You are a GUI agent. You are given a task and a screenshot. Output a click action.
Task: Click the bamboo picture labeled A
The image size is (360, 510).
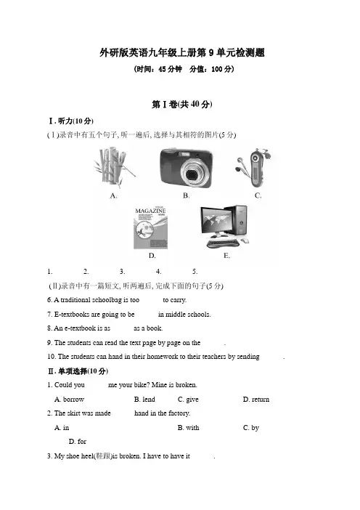tap(113, 167)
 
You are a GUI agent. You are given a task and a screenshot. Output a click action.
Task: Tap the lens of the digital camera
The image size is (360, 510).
tap(192, 174)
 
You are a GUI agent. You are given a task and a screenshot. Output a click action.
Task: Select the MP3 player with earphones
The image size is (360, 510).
tap(253, 168)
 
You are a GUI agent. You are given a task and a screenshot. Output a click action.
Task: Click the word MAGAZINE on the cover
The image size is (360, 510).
tap(150, 211)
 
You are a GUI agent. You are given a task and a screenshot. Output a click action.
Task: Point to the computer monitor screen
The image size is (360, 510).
tap(216, 219)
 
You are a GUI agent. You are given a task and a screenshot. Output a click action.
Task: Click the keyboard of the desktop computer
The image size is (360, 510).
tap(223, 243)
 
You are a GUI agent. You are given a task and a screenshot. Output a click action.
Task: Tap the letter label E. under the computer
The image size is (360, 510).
tap(226, 256)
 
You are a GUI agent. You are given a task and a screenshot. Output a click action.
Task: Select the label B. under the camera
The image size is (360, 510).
tap(186, 195)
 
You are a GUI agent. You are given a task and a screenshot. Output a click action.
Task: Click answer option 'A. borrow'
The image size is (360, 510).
tap(69, 400)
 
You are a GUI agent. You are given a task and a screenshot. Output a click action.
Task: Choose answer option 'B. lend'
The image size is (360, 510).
tap(144, 400)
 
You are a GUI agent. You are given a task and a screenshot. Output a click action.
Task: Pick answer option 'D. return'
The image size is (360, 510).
tap(256, 400)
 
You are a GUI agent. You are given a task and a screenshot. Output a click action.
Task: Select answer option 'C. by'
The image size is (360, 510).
tap(251, 428)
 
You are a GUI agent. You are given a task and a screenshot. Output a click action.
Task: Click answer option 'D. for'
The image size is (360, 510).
tap(78, 442)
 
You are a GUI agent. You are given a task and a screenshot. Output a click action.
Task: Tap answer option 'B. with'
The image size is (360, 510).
tap(189, 428)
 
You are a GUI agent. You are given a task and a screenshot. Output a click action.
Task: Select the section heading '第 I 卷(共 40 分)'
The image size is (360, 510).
tap(182, 104)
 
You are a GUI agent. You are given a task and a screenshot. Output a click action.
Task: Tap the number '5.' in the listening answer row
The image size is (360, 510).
tap(195, 272)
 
